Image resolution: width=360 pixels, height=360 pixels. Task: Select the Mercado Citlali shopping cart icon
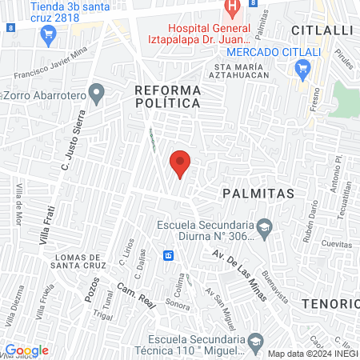point(302,70)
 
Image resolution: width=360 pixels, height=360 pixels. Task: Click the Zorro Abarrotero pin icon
point(97,94)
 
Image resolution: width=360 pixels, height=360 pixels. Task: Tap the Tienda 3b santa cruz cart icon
point(48,33)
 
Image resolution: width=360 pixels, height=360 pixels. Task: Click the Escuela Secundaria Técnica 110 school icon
point(255,342)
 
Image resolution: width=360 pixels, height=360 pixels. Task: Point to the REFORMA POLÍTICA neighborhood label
point(167,96)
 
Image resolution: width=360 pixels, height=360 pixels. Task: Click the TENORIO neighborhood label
point(331,304)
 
